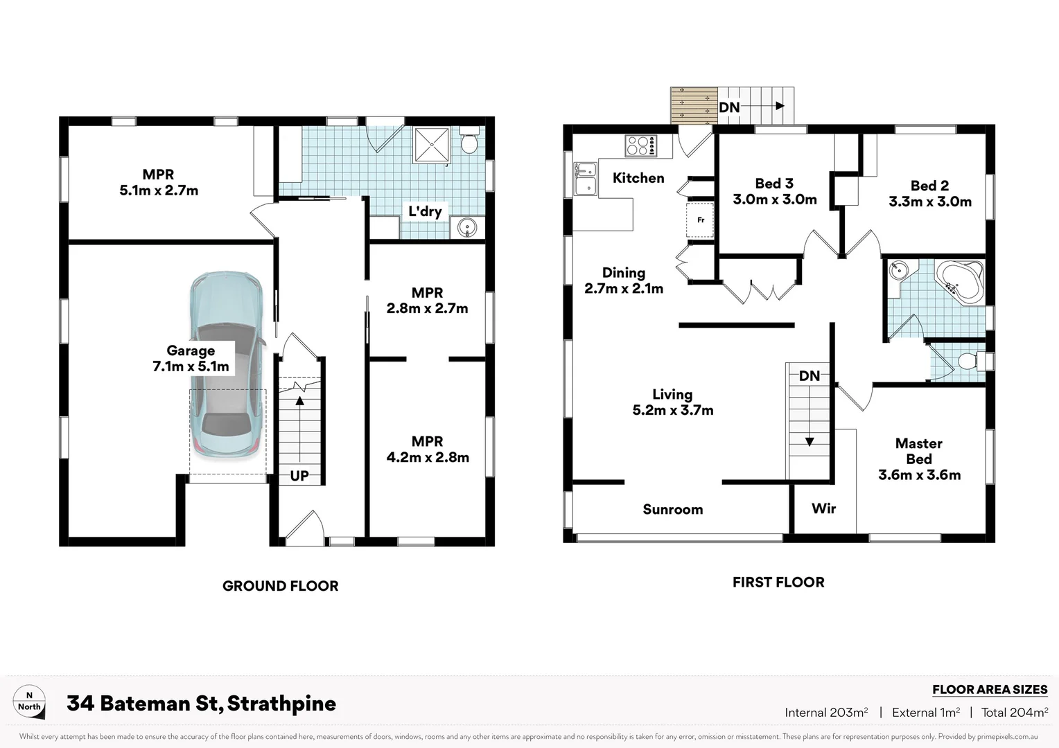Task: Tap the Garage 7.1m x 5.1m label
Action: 191,359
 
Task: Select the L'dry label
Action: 425,211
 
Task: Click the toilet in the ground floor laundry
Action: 470,141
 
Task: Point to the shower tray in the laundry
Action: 432,145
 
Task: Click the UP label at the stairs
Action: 299,476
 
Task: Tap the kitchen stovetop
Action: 641,146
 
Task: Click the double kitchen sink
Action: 586,178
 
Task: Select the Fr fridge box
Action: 700,220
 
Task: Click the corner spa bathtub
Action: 960,280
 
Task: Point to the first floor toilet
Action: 970,362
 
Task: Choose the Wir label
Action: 823,508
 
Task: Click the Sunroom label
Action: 672,510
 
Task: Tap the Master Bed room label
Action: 919,458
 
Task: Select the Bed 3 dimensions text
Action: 774,199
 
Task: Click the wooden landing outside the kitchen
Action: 694,105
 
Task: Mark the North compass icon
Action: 29,702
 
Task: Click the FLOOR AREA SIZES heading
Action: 989,689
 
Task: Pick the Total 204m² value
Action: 1014,712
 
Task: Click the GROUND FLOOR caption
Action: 280,586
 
